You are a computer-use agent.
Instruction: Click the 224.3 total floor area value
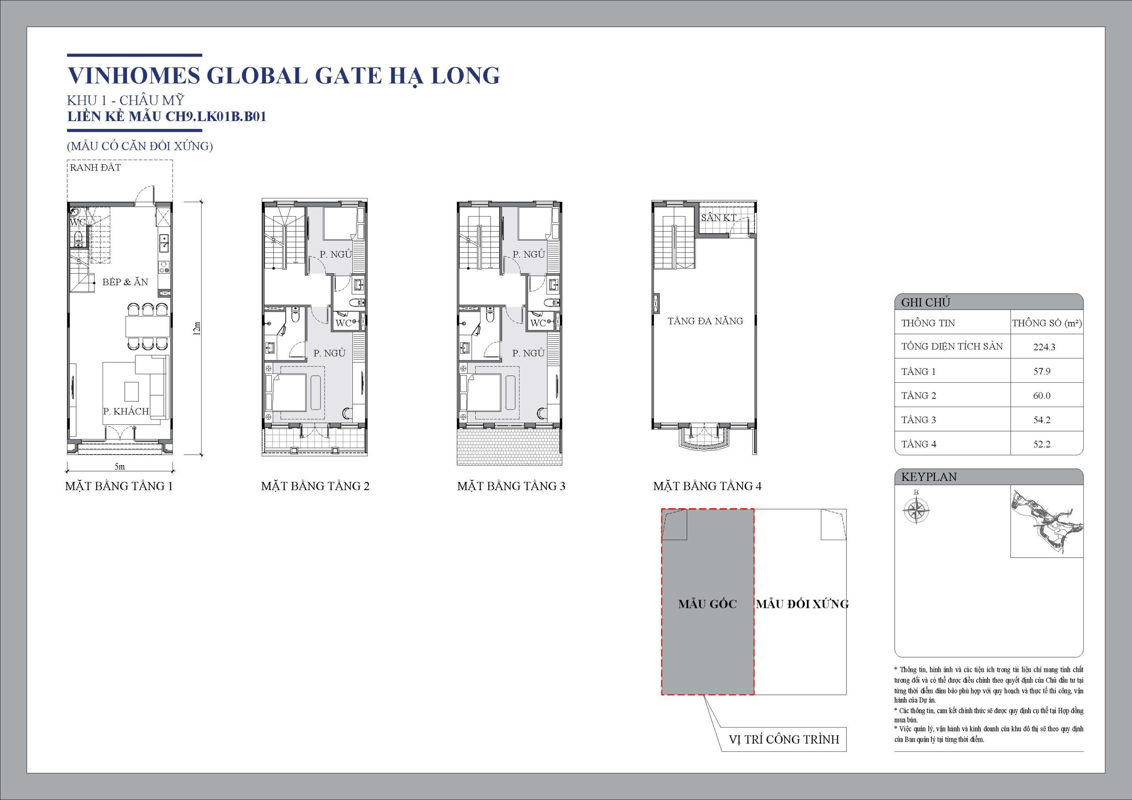[1044, 347]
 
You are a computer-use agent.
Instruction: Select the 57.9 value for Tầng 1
[1042, 371]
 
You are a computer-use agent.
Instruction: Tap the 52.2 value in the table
[1042, 444]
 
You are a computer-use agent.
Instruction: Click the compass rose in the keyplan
[916, 510]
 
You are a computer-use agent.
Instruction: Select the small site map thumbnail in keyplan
[1046, 522]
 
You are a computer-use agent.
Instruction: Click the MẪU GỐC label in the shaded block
[707, 604]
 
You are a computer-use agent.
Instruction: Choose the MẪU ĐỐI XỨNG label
[802, 604]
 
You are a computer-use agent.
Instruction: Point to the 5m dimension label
[120, 466]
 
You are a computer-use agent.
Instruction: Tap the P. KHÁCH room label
[126, 411]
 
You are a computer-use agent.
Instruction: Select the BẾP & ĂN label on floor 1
[125, 282]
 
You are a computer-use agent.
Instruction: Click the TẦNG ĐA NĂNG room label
[705, 321]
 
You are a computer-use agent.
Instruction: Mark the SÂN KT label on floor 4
[719, 217]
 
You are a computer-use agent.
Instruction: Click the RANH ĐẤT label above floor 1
[95, 167]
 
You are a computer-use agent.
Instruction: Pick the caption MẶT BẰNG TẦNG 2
[315, 486]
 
